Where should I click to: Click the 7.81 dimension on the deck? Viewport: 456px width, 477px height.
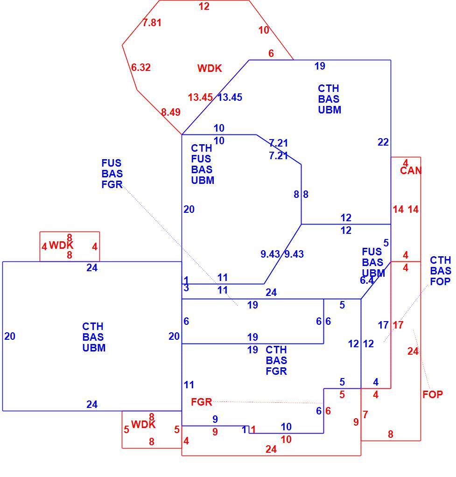click(x=152, y=22)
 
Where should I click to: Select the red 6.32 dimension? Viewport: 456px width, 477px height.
click(x=141, y=67)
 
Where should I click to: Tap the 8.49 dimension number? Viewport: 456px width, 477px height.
click(x=171, y=112)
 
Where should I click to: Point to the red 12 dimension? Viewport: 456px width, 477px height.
click(x=204, y=6)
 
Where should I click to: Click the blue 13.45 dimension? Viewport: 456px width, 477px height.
click(x=230, y=98)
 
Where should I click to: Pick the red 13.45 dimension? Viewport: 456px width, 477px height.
click(x=200, y=98)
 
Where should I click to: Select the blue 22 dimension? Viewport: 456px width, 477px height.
click(x=383, y=142)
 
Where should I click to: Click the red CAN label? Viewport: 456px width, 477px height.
click(x=411, y=171)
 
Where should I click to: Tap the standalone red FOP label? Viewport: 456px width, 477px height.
click(x=433, y=394)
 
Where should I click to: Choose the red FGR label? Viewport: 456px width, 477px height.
click(x=201, y=402)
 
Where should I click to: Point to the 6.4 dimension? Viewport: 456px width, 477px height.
click(x=367, y=281)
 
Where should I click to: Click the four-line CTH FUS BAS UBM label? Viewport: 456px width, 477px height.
click(x=202, y=164)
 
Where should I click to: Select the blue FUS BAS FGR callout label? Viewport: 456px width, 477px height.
click(x=112, y=174)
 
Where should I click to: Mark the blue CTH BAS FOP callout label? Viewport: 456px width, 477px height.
click(x=440, y=271)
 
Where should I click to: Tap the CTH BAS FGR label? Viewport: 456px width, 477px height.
click(x=276, y=360)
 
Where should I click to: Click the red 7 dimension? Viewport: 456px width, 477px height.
click(x=365, y=414)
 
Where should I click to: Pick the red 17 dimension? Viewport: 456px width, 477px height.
click(x=398, y=325)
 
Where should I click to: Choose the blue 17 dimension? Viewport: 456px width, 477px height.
click(x=383, y=325)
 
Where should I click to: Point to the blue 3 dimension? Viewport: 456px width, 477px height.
click(x=186, y=288)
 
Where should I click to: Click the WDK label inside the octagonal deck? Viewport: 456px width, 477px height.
click(x=210, y=68)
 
